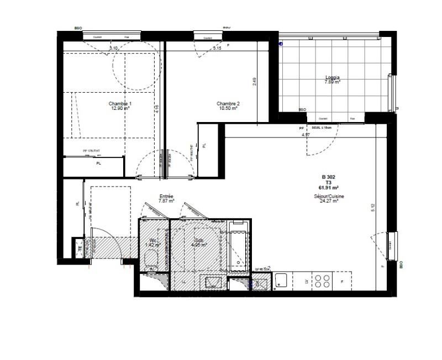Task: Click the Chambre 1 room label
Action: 120,104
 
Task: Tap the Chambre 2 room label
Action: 228,103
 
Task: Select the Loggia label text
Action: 332,77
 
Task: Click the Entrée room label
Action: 166,196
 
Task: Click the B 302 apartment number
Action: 328,177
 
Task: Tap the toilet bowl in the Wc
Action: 150,258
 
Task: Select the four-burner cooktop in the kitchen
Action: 322,282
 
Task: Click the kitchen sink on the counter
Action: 281,281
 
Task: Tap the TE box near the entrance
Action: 80,248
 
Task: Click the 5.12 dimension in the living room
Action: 372,209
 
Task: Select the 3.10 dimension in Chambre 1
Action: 114,49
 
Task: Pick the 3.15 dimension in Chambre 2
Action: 217,49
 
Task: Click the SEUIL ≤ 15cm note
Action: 322,128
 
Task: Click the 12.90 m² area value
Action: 120,108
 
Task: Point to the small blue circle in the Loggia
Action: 281,43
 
